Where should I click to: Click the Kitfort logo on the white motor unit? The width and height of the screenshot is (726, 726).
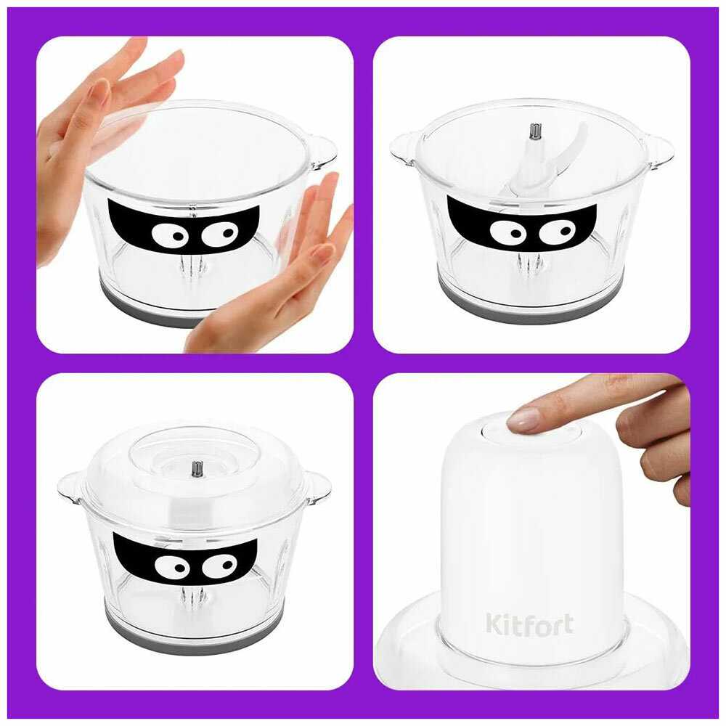tap(530, 624)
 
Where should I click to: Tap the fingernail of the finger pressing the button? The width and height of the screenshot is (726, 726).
tap(523, 419)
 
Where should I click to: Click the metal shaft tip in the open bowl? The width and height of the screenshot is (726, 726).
tap(536, 131)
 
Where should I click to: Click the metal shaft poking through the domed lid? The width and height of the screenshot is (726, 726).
tap(199, 468)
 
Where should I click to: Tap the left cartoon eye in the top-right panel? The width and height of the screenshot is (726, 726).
tap(508, 231)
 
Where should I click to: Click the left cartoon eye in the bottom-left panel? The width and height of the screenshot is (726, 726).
tap(172, 567)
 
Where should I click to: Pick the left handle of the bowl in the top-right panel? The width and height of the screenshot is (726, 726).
tap(405, 148)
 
